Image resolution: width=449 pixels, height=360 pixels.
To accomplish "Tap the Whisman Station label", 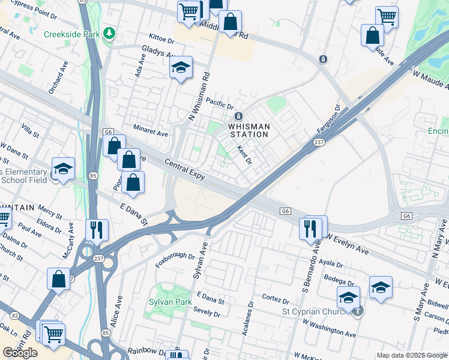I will tap(249, 130).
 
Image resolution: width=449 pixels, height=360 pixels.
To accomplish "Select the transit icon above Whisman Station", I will tap(238, 116).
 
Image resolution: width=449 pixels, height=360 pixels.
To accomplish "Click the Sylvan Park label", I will tap(170, 302).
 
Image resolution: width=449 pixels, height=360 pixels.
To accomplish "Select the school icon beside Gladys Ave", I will tap(179, 68).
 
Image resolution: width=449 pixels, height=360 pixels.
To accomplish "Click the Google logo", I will tap(20, 352).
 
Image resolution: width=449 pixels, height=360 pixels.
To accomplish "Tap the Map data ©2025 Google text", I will tap(411, 355).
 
